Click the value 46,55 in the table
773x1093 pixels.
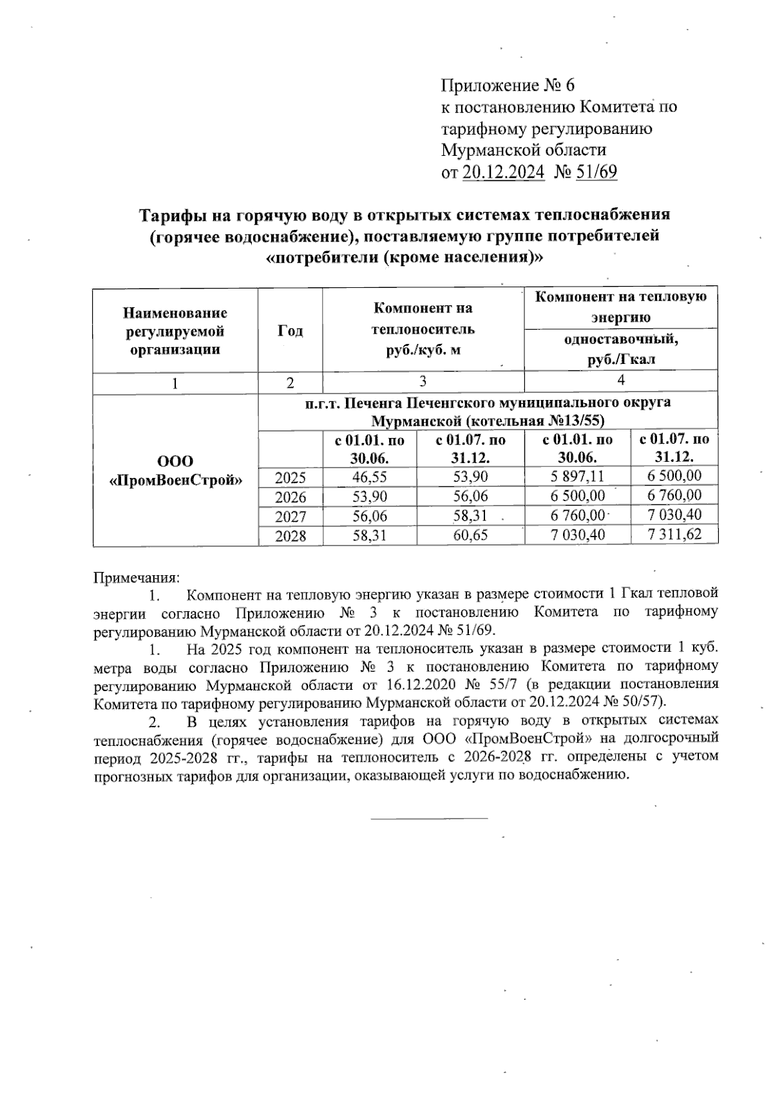coord(369,477)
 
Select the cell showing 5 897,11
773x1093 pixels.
coord(577,477)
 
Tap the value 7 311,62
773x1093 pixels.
coord(674,534)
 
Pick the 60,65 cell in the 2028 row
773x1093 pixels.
coord(470,535)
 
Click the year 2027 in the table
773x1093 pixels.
coord(291,516)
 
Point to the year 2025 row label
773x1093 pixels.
coord(291,477)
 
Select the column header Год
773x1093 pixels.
coord(291,330)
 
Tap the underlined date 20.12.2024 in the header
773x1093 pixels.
coord(503,172)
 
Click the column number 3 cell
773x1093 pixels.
coord(423,381)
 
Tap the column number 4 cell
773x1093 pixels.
coord(621,381)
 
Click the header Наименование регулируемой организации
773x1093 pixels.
coord(175,331)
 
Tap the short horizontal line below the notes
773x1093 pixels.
coord(429,819)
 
